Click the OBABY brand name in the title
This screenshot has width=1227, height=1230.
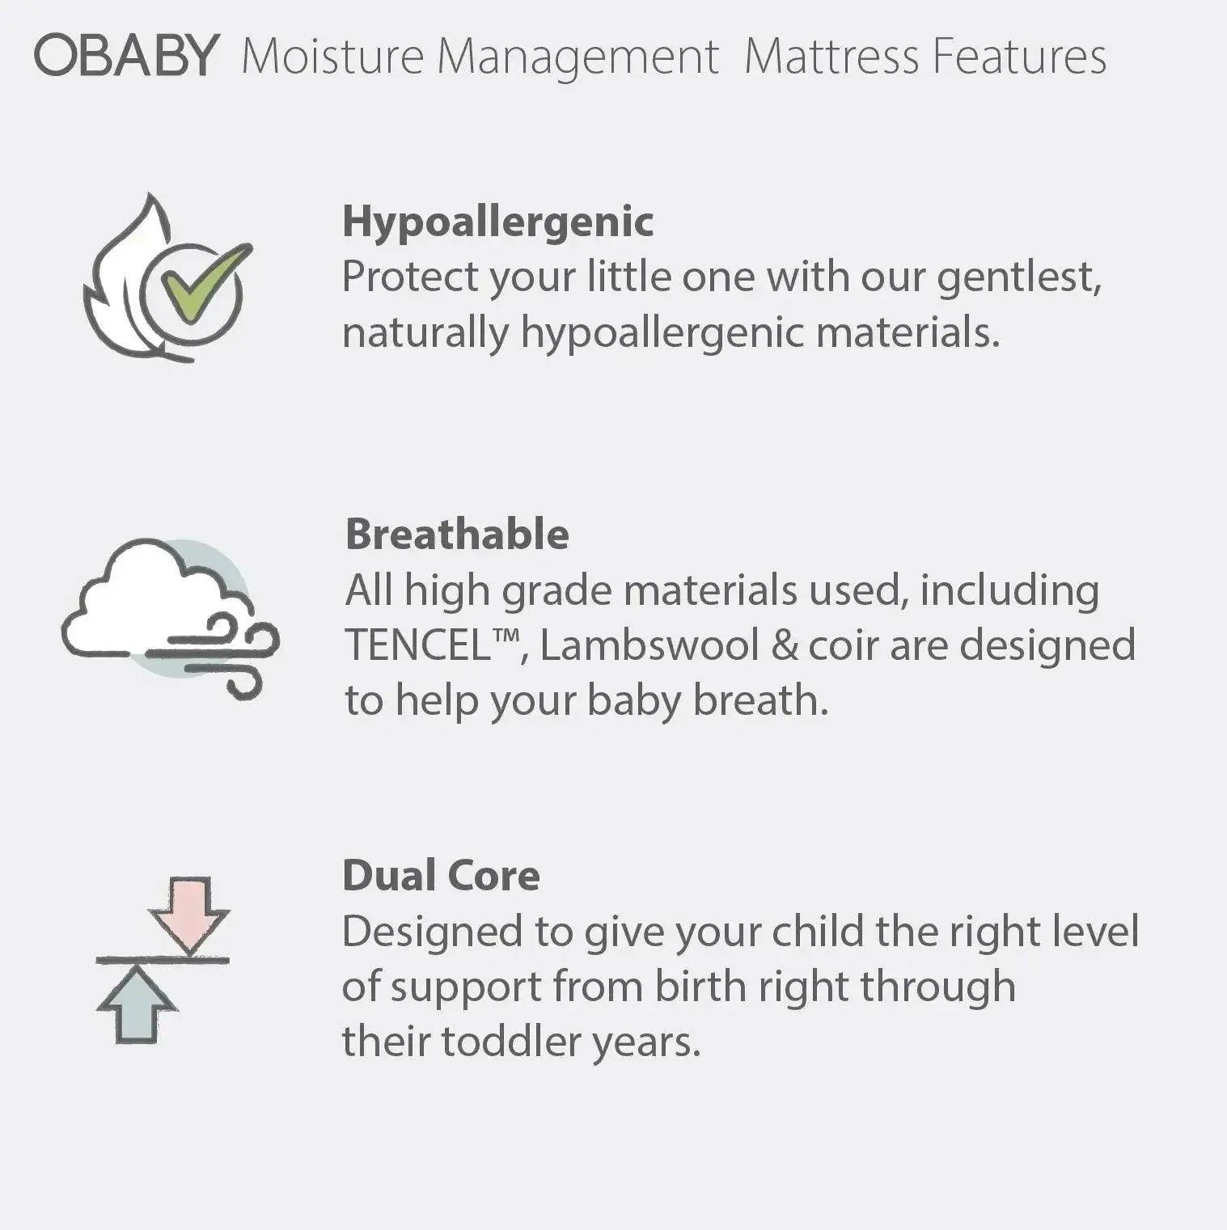pyautogui.click(x=126, y=55)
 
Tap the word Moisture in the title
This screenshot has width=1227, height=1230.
pyautogui.click(x=332, y=57)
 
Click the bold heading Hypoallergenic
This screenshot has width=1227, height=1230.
pyautogui.click(x=497, y=222)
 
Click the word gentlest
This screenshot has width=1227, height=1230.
pyautogui.click(x=1018, y=278)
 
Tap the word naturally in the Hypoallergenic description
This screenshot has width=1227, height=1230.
pyautogui.click(x=425, y=333)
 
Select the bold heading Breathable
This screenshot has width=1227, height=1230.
pyautogui.click(x=457, y=535)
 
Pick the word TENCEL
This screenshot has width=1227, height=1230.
pyautogui.click(x=419, y=645)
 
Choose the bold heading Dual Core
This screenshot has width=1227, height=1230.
pyautogui.click(x=441, y=876)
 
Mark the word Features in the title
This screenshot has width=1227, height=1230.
pyautogui.click(x=1018, y=57)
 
